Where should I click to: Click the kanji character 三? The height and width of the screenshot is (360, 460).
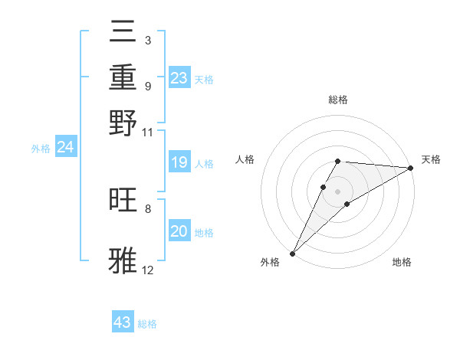(123, 32)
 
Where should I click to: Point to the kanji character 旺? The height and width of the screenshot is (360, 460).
(123, 200)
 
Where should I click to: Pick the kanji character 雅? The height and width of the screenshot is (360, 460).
(123, 260)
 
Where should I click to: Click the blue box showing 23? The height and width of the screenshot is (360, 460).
(179, 78)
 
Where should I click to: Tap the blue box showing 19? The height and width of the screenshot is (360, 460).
(179, 162)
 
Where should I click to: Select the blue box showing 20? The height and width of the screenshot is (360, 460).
(179, 231)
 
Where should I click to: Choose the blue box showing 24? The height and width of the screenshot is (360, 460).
(65, 147)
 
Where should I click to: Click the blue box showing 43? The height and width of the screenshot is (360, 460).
(123, 322)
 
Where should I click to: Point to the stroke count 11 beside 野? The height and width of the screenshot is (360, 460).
(148, 132)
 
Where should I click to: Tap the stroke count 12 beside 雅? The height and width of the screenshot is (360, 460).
(148, 270)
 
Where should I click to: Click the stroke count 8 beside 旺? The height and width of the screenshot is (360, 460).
(148, 208)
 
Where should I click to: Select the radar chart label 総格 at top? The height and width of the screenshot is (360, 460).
(338, 100)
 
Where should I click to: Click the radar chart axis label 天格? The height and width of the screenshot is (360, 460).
(431, 159)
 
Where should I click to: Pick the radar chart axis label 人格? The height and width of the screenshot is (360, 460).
(245, 159)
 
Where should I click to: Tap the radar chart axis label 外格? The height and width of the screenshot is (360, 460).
(270, 262)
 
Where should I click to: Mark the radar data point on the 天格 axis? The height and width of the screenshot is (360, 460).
(411, 168)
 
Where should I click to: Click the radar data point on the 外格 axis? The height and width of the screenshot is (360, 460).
(292, 253)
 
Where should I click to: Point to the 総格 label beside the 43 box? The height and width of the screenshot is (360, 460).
(147, 324)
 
